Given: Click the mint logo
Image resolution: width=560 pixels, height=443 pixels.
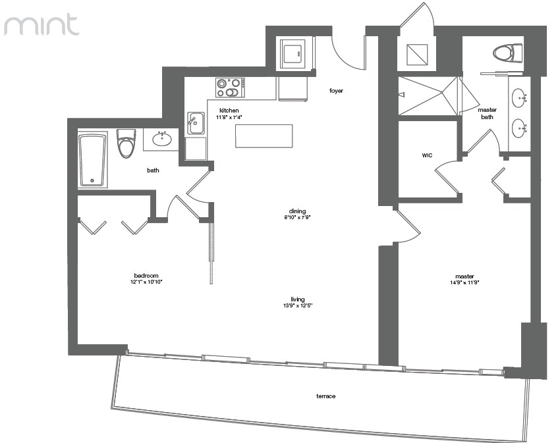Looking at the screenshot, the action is click(42, 24).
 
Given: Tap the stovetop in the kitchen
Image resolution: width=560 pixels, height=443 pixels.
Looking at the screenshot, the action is click(230, 88).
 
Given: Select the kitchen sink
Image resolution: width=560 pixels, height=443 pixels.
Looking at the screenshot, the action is click(196, 123).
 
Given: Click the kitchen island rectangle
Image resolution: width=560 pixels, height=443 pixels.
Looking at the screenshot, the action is click(264, 136).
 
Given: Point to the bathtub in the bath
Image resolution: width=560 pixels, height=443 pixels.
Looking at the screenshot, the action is click(93, 159).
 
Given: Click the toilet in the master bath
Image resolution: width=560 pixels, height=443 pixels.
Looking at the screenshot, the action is click(507, 53).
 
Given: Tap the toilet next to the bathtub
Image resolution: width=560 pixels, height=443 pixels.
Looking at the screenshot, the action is click(126, 143).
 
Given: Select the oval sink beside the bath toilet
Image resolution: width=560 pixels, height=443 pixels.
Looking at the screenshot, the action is click(162, 138).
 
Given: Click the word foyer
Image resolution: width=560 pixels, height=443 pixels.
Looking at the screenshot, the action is click(336, 91).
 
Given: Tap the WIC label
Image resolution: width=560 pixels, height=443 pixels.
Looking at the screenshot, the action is click(427, 155).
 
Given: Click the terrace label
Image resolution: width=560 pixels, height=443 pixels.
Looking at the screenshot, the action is click(325, 396).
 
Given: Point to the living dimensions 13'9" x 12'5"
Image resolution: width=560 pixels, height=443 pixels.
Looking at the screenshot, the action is click(298, 305).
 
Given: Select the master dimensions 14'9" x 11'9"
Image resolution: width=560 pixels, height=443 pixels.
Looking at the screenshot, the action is click(464, 282).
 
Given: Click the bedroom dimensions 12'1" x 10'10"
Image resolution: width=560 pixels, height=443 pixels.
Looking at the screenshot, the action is click(146, 282).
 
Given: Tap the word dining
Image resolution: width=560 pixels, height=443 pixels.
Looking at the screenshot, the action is click(298, 211).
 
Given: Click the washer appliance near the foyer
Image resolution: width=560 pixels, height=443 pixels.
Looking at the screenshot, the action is click(293, 53).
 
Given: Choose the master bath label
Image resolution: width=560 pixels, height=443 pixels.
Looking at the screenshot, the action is click(487, 113).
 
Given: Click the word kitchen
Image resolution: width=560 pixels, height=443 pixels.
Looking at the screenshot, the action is click(229, 111).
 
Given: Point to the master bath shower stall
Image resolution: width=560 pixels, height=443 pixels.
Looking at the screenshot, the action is click(428, 95).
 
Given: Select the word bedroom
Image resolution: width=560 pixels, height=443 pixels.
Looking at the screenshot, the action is click(146, 276).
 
